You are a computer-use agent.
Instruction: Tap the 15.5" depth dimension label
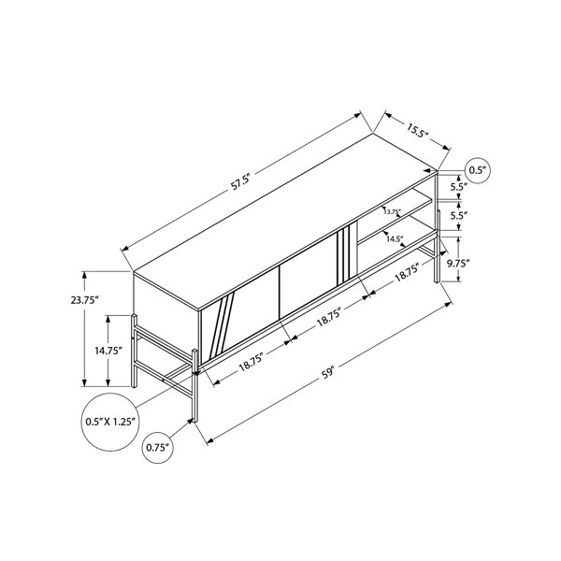417,130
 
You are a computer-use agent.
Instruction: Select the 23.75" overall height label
84,300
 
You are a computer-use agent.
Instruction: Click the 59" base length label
327,373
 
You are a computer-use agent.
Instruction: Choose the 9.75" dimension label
458,264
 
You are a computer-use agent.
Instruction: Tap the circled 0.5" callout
477,170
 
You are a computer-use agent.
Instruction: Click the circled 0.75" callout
157,448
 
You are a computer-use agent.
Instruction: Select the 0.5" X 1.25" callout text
110,422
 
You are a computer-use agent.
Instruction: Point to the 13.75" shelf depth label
393,211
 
